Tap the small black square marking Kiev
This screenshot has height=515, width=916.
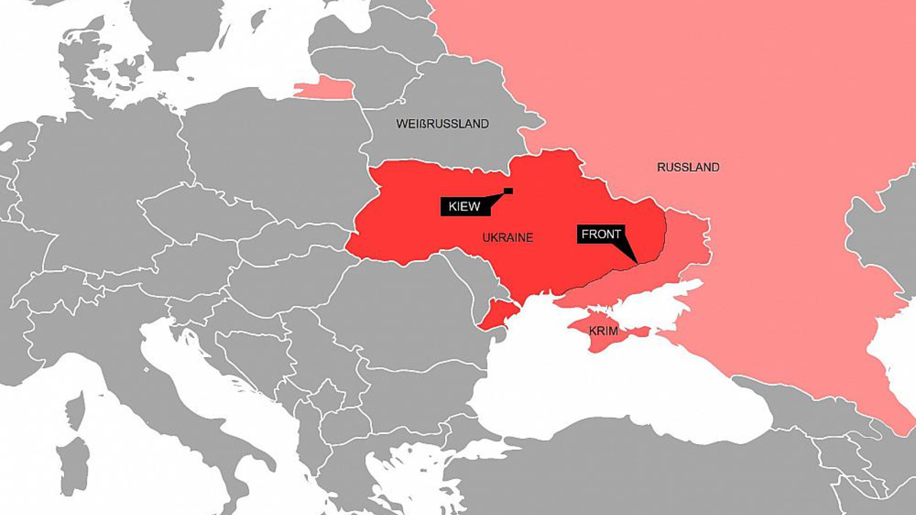pyautogui.click(x=508, y=190)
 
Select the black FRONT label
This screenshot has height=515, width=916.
pyautogui.click(x=601, y=234)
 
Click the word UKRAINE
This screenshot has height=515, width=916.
pyautogui.click(x=508, y=238)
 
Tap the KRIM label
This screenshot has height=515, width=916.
pyautogui.click(x=603, y=332)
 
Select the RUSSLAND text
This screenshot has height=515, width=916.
pyautogui.click(x=688, y=167)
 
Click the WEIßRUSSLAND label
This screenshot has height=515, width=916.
pyautogui.click(x=442, y=124)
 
